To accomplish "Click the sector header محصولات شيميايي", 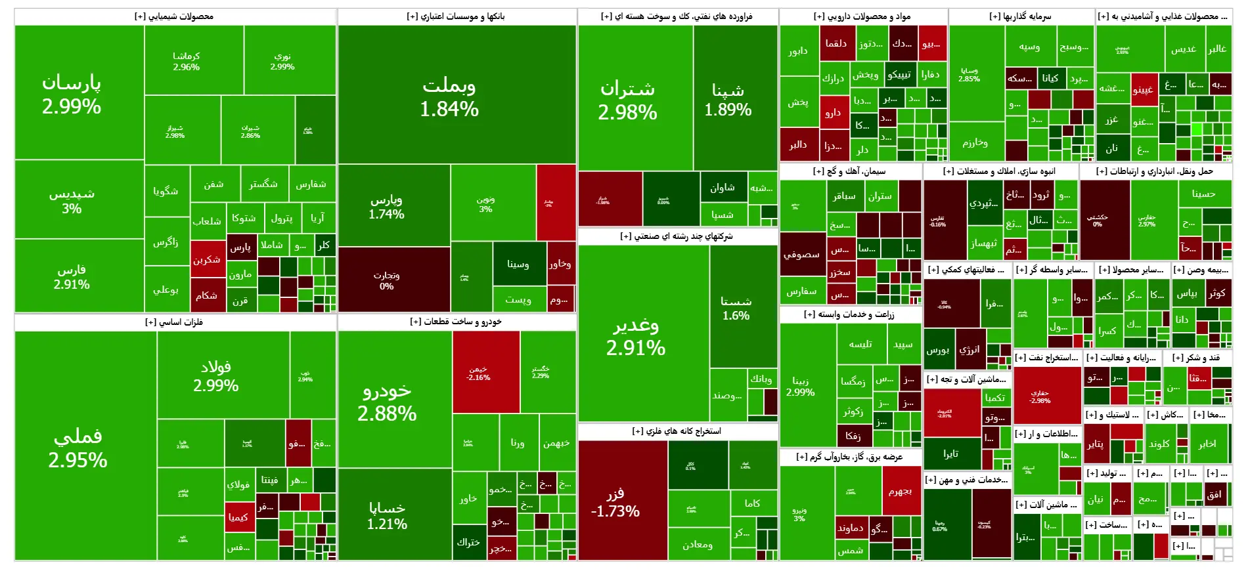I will click(x=174, y=16).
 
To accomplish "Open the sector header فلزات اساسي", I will click(x=174, y=322).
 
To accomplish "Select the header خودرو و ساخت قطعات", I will click(x=456, y=322).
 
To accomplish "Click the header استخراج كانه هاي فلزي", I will click(x=677, y=431).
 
